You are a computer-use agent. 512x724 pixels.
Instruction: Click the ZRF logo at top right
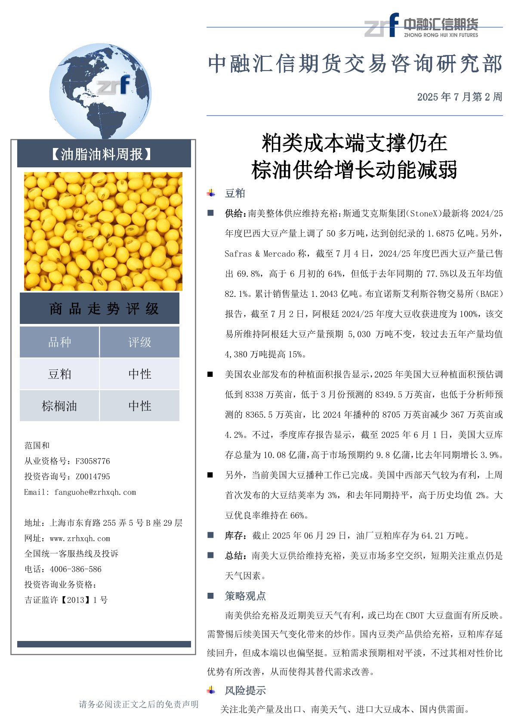[421, 25]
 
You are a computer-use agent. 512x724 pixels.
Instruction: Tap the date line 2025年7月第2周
[460, 97]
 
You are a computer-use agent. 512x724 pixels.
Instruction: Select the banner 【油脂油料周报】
[103, 154]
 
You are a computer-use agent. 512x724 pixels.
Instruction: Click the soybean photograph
[103, 231]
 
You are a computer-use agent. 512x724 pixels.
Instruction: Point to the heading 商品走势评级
[103, 308]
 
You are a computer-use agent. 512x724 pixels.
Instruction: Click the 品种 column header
[59, 342]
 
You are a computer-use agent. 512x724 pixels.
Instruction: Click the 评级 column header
[139, 342]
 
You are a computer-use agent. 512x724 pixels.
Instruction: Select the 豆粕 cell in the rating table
[59, 374]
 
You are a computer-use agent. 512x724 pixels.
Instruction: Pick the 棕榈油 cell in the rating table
[59, 406]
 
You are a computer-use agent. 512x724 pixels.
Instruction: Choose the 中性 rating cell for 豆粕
[139, 374]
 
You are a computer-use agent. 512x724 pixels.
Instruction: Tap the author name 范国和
[37, 445]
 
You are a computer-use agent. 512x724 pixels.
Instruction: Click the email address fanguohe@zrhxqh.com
[95, 492]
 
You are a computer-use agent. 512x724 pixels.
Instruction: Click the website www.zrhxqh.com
[80, 538]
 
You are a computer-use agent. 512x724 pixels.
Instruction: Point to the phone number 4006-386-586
[76, 569]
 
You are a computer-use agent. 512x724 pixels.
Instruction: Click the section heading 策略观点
[245, 596]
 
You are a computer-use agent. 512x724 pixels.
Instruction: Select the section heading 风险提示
[245, 690]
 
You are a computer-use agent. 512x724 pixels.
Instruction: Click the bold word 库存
[235, 536]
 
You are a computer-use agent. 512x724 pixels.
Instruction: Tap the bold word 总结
[235, 556]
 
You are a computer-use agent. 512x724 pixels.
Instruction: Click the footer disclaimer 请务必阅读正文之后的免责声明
[139, 704]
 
